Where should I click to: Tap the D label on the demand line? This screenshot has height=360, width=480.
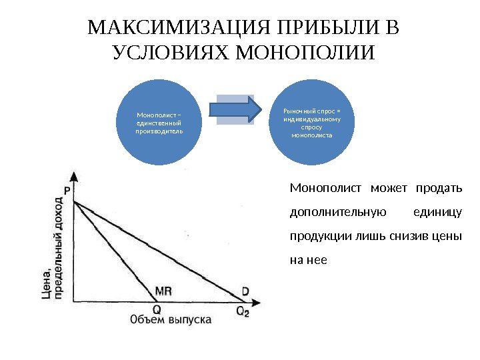pyautogui.click(x=245, y=291)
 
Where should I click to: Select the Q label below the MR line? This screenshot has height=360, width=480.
pyautogui.click(x=157, y=309)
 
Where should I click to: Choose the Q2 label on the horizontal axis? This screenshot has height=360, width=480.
pyautogui.click(x=242, y=310)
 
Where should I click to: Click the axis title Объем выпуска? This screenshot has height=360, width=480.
pyautogui.click(x=171, y=320)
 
